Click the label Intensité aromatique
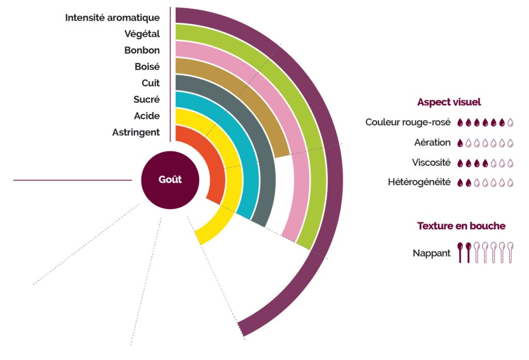[112, 18]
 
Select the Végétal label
[142, 34]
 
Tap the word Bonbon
[142, 50]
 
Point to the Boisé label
[147, 67]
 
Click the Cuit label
[151, 83]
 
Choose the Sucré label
[147, 100]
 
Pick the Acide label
[147, 116]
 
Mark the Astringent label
[136, 133]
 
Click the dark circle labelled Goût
[170, 180]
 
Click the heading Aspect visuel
[449, 102]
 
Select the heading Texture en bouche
[461, 226]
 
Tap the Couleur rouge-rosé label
[408, 122]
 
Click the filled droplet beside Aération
[460, 143]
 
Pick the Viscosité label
[431, 163]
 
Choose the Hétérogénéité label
[419, 182]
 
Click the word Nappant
[431, 254]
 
